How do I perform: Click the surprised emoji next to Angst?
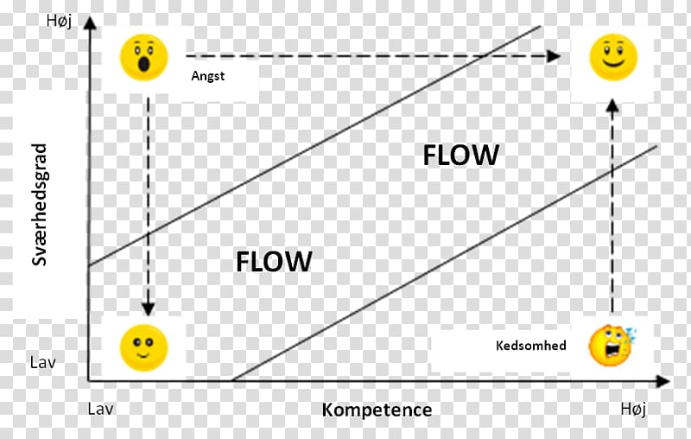click(144, 58)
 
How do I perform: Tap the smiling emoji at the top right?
click(613, 57)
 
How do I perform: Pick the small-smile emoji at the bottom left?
click(144, 347)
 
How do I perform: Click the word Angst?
click(208, 76)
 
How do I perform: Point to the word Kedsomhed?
click(531, 345)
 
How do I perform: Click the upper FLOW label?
click(461, 156)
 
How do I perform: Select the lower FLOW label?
click(274, 261)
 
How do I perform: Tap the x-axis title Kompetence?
click(377, 410)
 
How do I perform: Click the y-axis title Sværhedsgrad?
click(39, 205)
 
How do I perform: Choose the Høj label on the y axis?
click(59, 21)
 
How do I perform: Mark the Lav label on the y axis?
click(42, 363)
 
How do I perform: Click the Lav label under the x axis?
click(100, 409)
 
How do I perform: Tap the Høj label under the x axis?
click(634, 409)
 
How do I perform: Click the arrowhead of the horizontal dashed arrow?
click(554, 56)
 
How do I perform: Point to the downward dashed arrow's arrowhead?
click(148, 309)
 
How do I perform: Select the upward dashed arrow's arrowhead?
click(612, 105)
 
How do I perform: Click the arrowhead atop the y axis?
click(90, 23)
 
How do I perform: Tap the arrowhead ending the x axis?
click(662, 381)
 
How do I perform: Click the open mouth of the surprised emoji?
click(144, 64)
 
